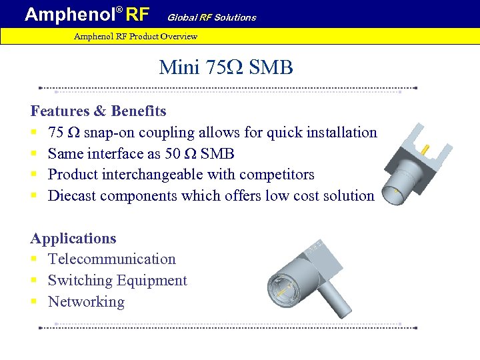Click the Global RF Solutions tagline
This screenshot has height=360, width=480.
211,17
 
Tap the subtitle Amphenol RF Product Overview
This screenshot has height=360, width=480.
135,36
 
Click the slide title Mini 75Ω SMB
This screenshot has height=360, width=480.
226,67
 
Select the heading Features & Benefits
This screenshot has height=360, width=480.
98,111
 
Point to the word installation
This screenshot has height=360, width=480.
341,132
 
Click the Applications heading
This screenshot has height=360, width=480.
73,238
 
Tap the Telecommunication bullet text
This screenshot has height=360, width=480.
112,259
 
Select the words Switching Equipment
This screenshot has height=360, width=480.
117,281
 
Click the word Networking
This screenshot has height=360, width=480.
86,302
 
